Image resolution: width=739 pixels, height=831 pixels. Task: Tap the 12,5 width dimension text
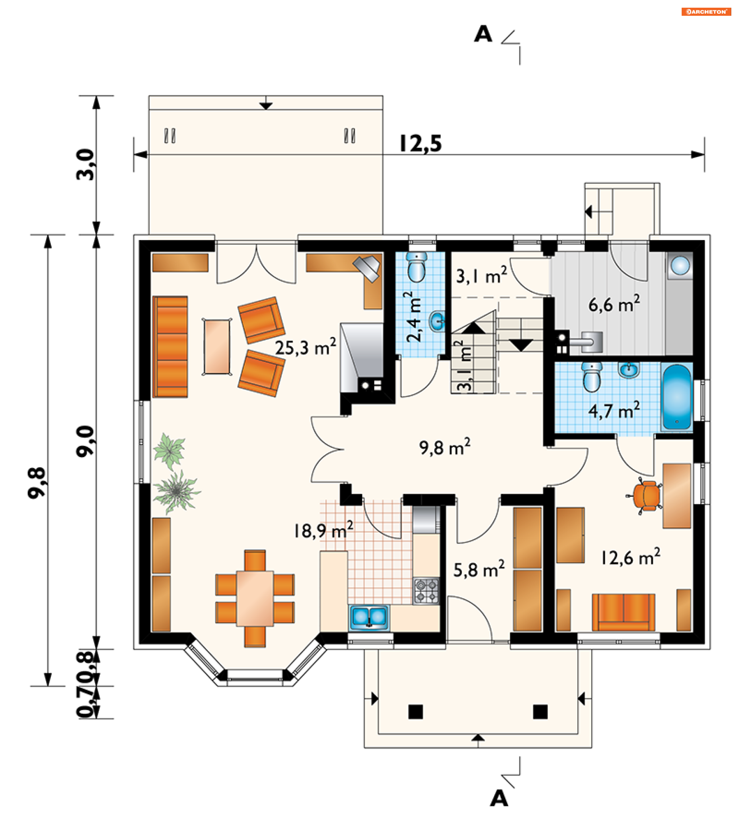point(421,144)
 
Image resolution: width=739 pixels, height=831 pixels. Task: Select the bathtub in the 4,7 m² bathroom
point(677,397)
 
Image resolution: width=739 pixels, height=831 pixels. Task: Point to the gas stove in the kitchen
point(426,590)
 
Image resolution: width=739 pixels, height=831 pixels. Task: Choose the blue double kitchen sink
point(369,617)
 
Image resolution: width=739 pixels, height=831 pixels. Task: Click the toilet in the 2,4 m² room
point(416,266)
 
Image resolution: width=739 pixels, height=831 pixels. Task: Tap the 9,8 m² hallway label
point(445,447)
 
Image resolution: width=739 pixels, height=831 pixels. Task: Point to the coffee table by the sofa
point(217,346)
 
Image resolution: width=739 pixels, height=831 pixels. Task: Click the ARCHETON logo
point(706,12)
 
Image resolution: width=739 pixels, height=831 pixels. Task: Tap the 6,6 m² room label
point(614,304)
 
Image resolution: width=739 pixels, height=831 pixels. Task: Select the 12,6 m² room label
point(631,557)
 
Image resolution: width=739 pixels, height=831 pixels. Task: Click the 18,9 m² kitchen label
point(323,530)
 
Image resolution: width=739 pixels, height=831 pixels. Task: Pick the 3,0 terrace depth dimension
point(85,164)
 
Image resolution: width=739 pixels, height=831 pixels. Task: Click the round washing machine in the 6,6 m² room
point(680,266)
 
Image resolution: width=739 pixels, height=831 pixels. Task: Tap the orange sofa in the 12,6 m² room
point(624,612)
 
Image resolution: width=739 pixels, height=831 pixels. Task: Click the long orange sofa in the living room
point(170,346)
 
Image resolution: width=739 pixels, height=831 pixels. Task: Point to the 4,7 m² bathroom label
point(614,410)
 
